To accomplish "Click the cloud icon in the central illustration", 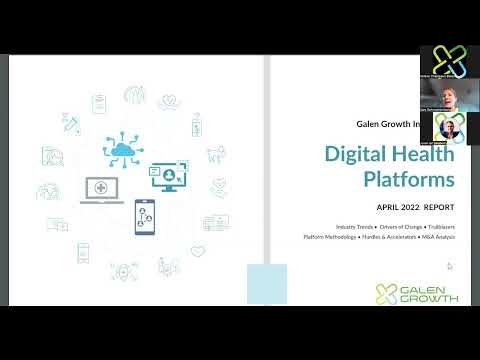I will [124, 150].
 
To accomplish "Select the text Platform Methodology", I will [329, 237].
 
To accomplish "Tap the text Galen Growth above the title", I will [384, 125].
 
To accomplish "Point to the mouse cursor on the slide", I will [449, 266].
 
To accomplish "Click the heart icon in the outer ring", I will [197, 251].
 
